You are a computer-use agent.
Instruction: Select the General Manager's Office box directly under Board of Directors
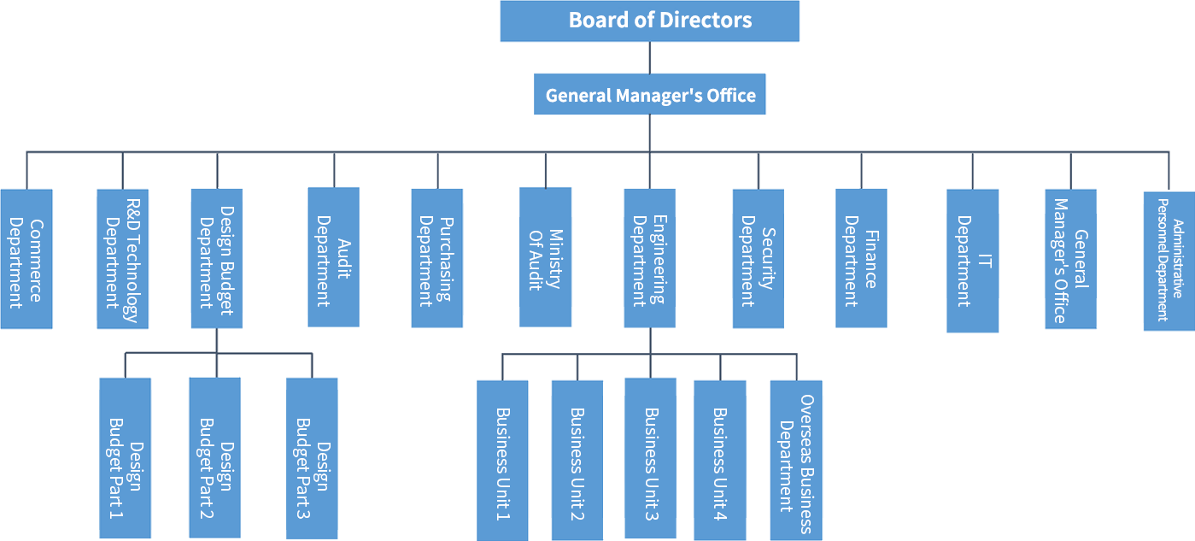point(650,95)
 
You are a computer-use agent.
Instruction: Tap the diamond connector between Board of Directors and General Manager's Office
point(650,57)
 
